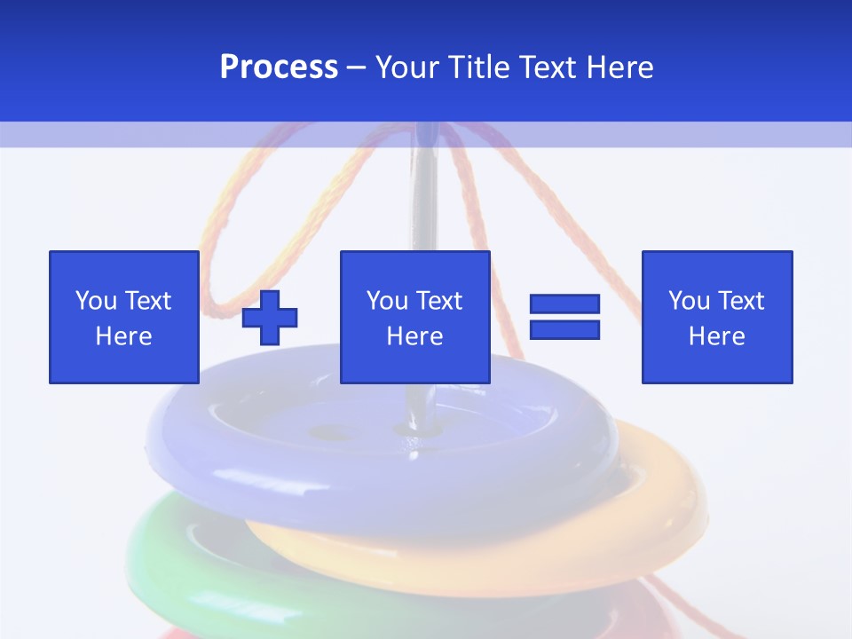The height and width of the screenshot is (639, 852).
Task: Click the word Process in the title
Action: pos(279,67)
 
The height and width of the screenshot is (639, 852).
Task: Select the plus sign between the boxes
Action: pos(270,317)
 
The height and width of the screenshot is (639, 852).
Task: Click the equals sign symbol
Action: pos(564,317)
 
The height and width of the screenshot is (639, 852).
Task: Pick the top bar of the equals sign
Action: pos(564,304)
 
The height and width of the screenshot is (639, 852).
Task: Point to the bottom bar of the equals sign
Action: pos(564,329)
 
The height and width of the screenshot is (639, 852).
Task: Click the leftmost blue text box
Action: pos(123,317)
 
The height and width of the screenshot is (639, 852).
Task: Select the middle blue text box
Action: pos(414,317)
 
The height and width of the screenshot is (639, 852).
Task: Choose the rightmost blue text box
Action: pos(716,317)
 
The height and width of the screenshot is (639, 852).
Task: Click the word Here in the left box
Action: pos(123,336)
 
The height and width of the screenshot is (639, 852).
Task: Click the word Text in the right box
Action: pos(742,301)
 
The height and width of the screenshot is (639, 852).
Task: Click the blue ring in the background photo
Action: pos(266,461)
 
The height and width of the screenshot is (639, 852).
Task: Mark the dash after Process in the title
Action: pos(357,67)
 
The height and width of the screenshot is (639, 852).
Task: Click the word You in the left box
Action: pos(96,301)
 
